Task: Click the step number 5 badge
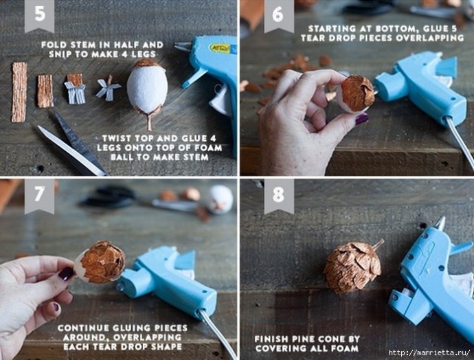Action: pos(39,16)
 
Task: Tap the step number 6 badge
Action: pos(279,16)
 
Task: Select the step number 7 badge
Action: pos(39,196)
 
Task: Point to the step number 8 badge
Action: pos(279,196)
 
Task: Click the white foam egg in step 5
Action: pos(147,88)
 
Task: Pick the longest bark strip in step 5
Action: pos(19,92)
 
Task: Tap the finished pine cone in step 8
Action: pos(352,267)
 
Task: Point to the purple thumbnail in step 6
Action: pos(362,119)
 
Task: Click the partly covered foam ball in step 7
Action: pos(100,262)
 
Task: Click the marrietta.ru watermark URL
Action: pos(429,352)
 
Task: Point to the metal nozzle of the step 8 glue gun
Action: pos(440,224)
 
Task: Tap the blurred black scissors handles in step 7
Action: pos(109,197)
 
